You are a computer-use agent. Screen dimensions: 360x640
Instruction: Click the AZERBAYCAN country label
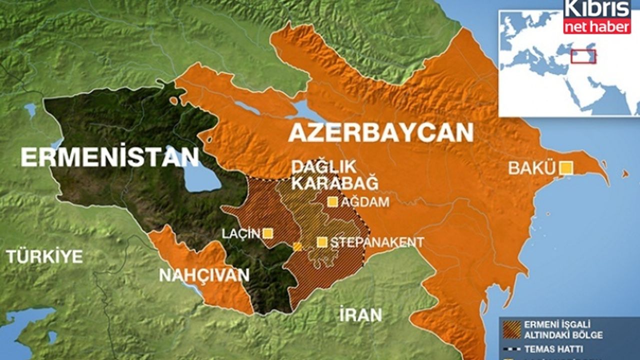click(380, 133)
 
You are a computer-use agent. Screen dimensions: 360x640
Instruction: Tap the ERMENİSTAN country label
click(110, 157)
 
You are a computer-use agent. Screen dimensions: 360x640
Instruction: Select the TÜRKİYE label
click(44, 256)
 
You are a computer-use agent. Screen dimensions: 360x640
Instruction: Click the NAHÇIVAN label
click(204, 274)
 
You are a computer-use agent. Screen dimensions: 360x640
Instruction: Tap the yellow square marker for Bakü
click(566, 168)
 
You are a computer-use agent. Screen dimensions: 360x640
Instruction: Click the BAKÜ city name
click(532, 168)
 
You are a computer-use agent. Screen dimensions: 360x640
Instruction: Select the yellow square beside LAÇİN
click(268, 233)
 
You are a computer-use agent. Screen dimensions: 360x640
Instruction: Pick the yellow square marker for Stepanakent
click(322, 242)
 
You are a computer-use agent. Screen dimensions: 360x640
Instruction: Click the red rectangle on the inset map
click(583, 56)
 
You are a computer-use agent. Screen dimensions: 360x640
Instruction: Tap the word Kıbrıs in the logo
click(597, 9)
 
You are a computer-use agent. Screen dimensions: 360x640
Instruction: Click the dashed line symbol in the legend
click(511, 349)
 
